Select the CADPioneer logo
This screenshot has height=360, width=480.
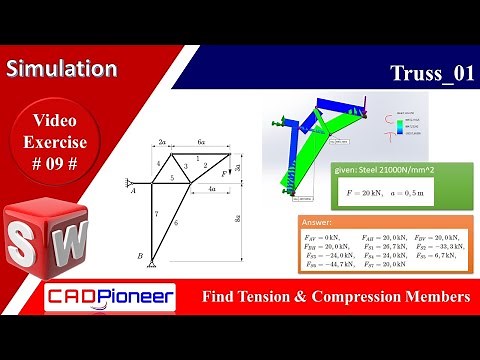[111, 297]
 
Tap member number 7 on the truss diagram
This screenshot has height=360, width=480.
[157, 214]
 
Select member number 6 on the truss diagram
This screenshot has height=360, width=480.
[176, 223]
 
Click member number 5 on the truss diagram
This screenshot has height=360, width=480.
[172, 178]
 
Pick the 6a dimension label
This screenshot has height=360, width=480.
[201, 142]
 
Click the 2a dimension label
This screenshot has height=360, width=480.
[163, 142]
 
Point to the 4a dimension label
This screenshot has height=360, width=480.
[211, 188]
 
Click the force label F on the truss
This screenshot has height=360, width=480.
[225, 174]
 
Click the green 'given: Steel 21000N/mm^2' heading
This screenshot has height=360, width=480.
[384, 171]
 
